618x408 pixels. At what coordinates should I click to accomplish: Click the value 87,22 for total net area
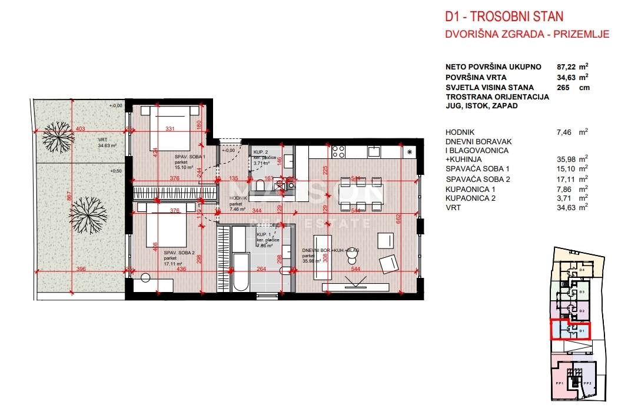[x=568, y=67]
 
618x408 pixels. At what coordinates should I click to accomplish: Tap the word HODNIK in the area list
[x=460, y=132]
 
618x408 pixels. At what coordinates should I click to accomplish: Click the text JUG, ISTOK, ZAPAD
[x=482, y=106]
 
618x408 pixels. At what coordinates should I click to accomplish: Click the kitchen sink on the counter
[x=374, y=152]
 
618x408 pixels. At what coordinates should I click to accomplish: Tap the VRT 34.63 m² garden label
[x=107, y=142]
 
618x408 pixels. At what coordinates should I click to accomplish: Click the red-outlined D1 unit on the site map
[x=570, y=330]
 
